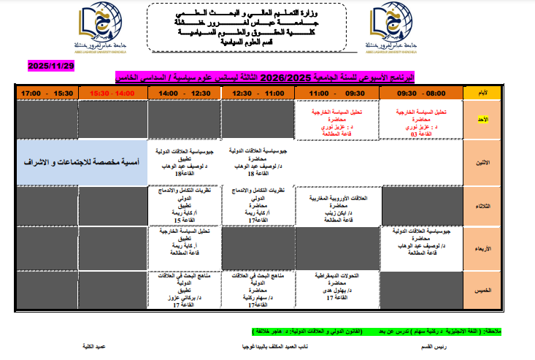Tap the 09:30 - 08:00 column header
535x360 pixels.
421,93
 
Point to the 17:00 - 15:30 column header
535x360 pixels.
47,93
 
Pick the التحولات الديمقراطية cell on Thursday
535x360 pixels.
338,287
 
